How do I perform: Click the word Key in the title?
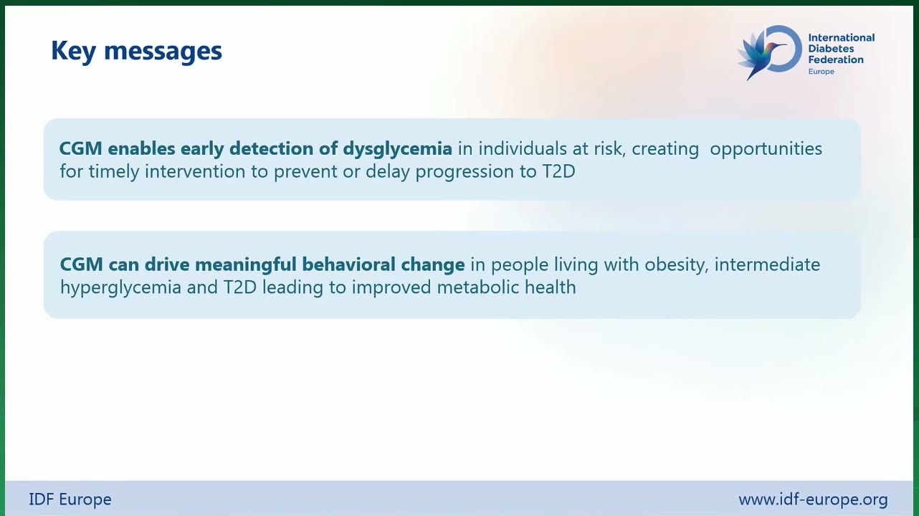pyautogui.click(x=73, y=52)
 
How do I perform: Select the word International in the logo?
pyautogui.click(x=841, y=38)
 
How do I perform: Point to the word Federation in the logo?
pyautogui.click(x=836, y=59)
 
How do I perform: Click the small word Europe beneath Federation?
pyautogui.click(x=821, y=72)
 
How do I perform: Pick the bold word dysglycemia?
pyautogui.click(x=398, y=149)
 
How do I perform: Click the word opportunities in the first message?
pyautogui.click(x=766, y=149)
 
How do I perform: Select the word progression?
pyautogui.click(x=465, y=172)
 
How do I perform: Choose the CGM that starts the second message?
pyautogui.click(x=81, y=264)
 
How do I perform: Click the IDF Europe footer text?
pyautogui.click(x=70, y=500)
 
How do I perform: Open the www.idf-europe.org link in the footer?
pyautogui.click(x=813, y=500)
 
